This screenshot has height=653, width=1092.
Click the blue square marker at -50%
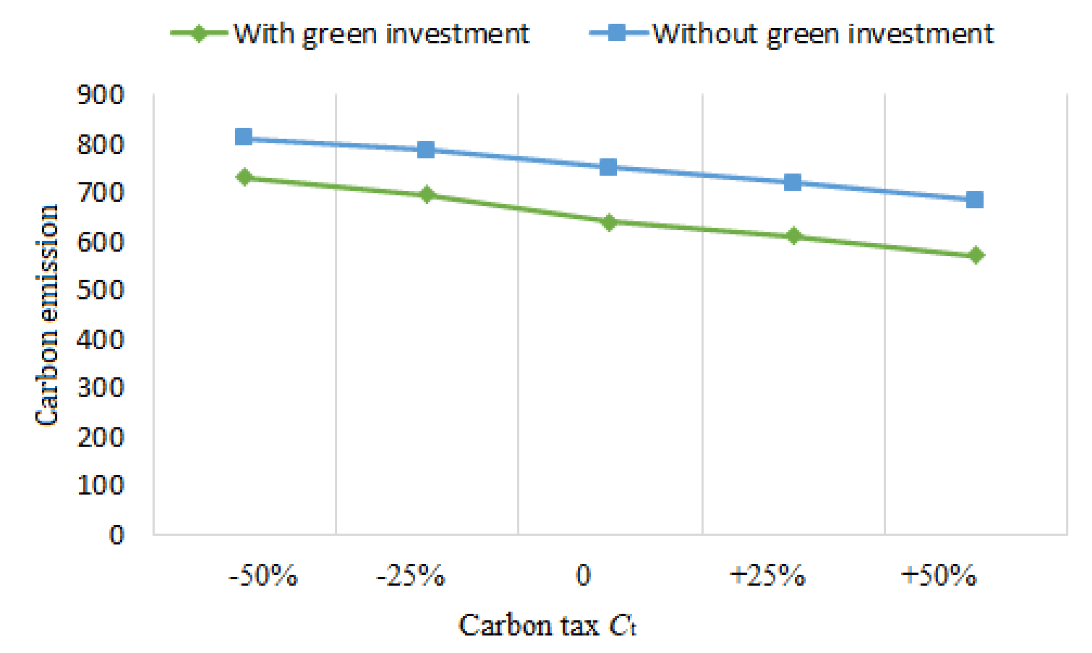coord(244,137)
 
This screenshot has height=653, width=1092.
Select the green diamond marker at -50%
coord(245,177)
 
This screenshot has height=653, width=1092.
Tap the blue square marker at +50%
coord(975,199)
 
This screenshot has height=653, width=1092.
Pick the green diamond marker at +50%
coord(976,255)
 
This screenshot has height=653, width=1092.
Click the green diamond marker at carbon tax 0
coord(608,223)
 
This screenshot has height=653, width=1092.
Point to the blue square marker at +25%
coord(792,182)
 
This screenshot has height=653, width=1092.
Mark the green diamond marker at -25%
coord(427,195)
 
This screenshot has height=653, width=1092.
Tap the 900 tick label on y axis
coord(100,95)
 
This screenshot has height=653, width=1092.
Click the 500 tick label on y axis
coord(100,290)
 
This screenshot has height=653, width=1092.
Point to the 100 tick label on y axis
coord(100,485)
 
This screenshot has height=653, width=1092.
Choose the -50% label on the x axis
coord(263,576)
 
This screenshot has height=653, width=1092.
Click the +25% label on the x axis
coord(767,576)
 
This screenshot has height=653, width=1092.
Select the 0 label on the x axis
coord(583,576)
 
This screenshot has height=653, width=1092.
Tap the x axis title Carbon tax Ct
coord(548,625)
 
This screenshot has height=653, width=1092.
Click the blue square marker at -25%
coord(426,150)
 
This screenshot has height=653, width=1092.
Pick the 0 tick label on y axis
coord(116,535)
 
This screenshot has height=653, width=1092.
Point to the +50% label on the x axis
coord(939,576)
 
